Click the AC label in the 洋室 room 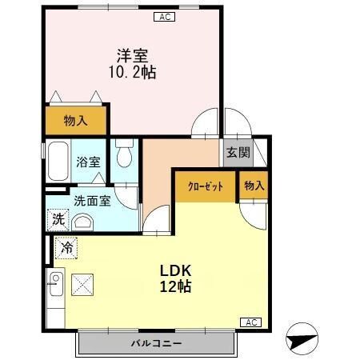(x=163, y=16)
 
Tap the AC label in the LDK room (x=250, y=322)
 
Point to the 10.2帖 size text (x=131, y=72)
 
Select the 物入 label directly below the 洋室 (x=75, y=121)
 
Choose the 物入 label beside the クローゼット (x=254, y=186)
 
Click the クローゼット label (x=205, y=186)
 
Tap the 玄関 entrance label (x=238, y=153)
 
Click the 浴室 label (x=88, y=162)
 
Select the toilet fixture (x=124, y=151)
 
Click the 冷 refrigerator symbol (x=67, y=249)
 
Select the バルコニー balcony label (x=156, y=343)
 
